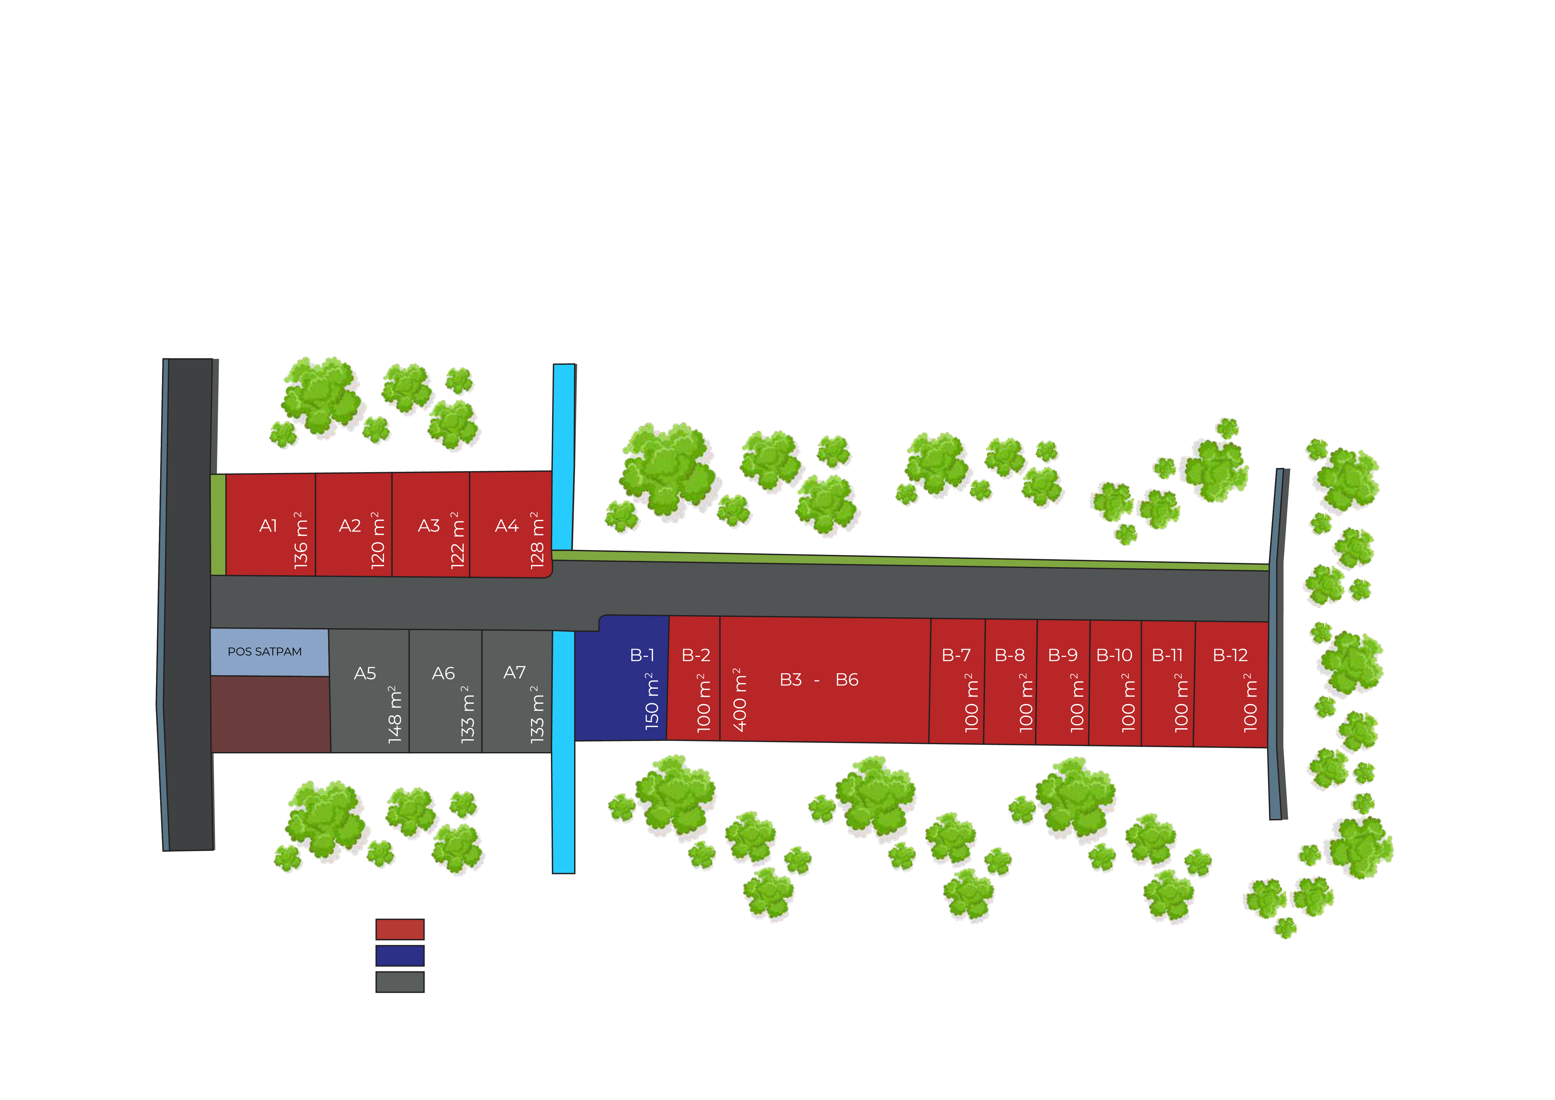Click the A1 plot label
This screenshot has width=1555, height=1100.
pyautogui.click(x=268, y=526)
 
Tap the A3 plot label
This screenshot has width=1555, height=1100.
pyautogui.click(x=429, y=526)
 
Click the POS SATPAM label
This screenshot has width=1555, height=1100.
pyautogui.click(x=265, y=652)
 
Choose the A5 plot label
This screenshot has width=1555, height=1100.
pyautogui.click(x=365, y=673)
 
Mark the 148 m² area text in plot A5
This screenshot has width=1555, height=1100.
pyautogui.click(x=395, y=715)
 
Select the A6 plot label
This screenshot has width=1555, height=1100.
pyautogui.click(x=444, y=673)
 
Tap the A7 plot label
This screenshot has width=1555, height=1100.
pyautogui.click(x=515, y=673)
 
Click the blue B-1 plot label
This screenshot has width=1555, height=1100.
pyautogui.click(x=642, y=655)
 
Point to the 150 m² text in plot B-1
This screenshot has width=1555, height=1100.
pyautogui.click(x=652, y=701)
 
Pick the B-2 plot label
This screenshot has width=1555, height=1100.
pyautogui.click(x=696, y=655)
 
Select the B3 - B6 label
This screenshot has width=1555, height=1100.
pyautogui.click(x=819, y=679)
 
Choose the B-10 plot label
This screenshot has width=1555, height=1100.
pyautogui.click(x=1114, y=655)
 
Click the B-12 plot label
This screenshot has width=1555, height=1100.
pyautogui.click(x=1230, y=655)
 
